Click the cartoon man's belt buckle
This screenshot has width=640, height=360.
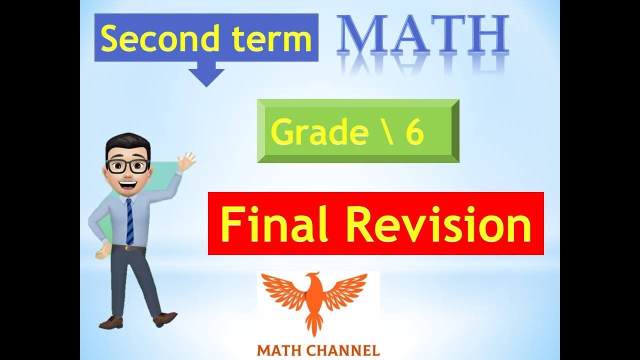(x=128, y=247)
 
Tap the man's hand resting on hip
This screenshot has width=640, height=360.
(x=102, y=250)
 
